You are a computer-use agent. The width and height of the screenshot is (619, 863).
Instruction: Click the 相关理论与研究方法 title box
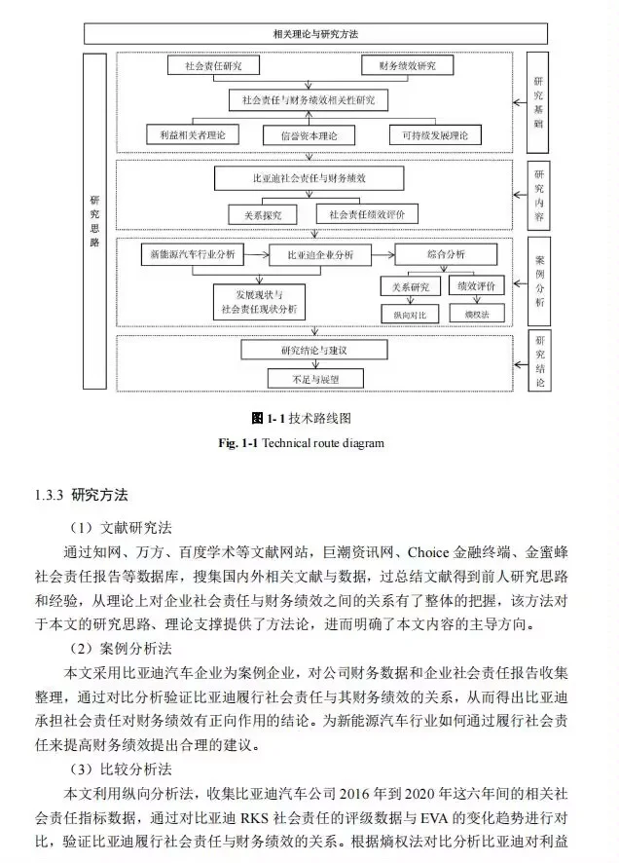(x=315, y=34)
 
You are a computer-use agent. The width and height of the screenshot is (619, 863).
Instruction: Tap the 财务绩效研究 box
(x=406, y=66)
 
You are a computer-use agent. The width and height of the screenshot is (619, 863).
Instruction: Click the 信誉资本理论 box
(x=309, y=134)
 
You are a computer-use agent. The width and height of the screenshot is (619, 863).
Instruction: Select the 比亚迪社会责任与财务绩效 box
(x=309, y=179)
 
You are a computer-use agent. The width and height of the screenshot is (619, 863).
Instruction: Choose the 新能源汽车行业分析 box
(x=192, y=254)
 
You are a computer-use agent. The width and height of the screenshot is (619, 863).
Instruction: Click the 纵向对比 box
(x=409, y=314)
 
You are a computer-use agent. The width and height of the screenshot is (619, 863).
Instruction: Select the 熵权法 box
(x=476, y=314)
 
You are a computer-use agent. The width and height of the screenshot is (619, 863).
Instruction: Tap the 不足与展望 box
(x=308, y=377)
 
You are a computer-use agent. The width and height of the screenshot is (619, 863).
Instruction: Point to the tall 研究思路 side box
(x=94, y=222)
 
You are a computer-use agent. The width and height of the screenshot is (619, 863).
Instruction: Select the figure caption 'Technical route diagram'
(x=310, y=443)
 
